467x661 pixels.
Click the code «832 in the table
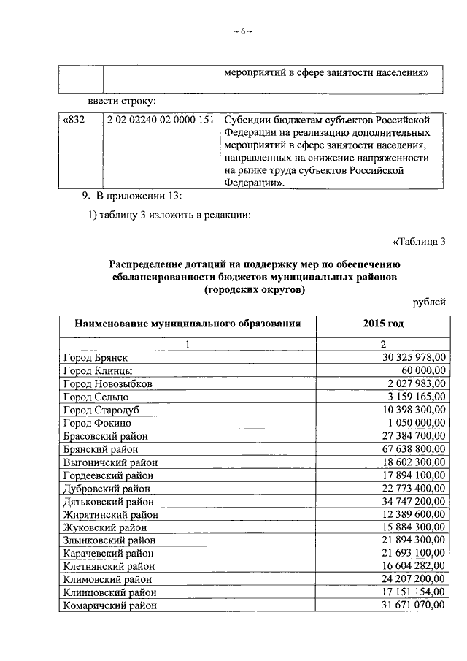click(x=75, y=120)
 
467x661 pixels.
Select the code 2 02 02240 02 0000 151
click(x=160, y=120)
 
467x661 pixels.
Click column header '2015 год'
click(x=382, y=324)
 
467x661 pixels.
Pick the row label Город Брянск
click(x=96, y=357)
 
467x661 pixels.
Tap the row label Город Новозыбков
click(x=108, y=383)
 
